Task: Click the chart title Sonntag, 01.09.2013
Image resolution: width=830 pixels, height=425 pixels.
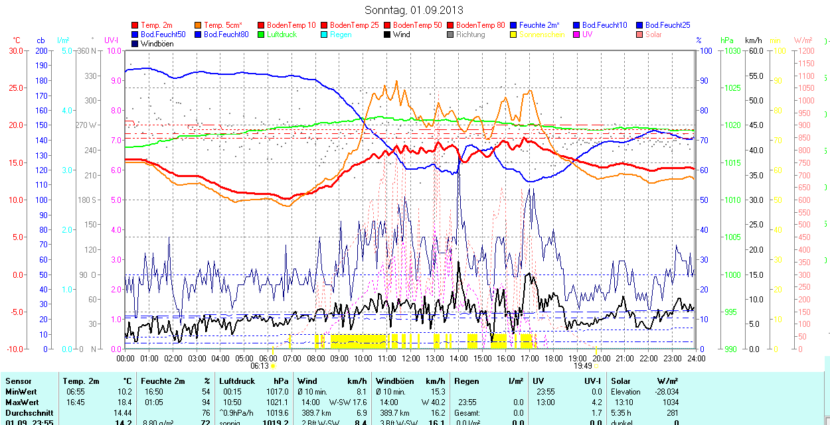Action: (x=414, y=10)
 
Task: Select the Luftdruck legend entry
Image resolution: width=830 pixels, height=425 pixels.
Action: (x=282, y=34)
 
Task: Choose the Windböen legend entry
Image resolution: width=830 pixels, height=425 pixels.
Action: (x=155, y=44)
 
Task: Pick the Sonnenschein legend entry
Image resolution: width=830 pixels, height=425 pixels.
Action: (x=542, y=34)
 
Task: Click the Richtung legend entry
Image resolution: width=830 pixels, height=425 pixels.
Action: (x=470, y=34)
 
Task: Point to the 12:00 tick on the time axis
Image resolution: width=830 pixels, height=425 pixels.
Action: (x=410, y=358)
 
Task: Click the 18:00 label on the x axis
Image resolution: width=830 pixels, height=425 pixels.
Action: (x=553, y=358)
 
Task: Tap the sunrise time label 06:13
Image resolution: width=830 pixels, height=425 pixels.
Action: (x=260, y=366)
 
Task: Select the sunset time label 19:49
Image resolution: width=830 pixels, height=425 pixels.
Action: (x=582, y=366)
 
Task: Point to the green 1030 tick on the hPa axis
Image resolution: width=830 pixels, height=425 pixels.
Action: (x=732, y=51)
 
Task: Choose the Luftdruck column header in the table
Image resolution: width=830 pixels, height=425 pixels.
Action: (x=237, y=381)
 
